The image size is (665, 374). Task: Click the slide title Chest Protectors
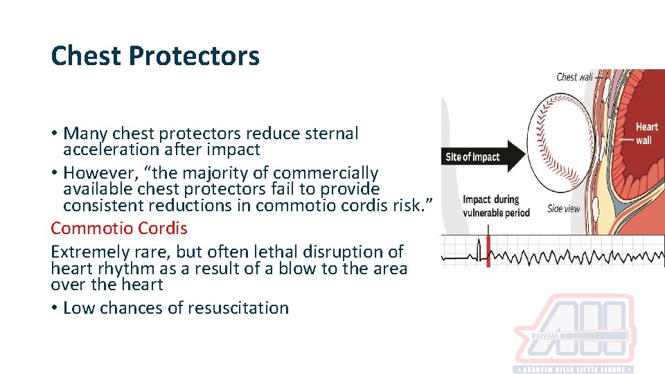click(x=155, y=56)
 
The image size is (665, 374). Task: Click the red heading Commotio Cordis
click(x=119, y=228)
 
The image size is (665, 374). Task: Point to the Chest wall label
click(x=574, y=77)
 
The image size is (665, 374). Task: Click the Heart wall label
click(x=646, y=134)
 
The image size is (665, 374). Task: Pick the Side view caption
click(x=563, y=208)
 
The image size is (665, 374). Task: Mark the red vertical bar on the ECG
click(x=488, y=251)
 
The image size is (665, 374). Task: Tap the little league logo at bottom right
click(x=582, y=335)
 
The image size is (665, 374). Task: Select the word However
click(x=95, y=172)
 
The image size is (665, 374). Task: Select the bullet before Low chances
click(x=54, y=308)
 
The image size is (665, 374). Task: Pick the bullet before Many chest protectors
click(x=54, y=133)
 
